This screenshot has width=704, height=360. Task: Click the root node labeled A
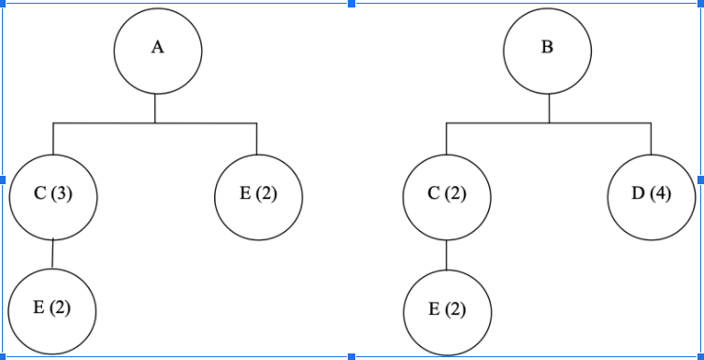157,50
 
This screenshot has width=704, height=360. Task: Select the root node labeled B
547,50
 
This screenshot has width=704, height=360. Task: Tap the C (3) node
53,195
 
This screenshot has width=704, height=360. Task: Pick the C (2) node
446,195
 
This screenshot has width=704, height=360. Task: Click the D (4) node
652,195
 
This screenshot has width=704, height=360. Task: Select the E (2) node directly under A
258,195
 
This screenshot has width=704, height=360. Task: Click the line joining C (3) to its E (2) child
52,252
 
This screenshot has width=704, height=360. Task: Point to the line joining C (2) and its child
446,254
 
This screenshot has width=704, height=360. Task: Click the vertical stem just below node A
155,108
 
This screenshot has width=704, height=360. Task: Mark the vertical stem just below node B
549,108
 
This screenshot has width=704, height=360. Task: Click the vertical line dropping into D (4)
652,138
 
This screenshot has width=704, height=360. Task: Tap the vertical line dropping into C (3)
53,137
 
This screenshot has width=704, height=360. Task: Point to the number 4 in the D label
661,194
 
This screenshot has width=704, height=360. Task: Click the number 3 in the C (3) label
63,194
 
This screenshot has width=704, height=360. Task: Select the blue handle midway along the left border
3,180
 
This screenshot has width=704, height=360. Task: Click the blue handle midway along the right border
700,180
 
